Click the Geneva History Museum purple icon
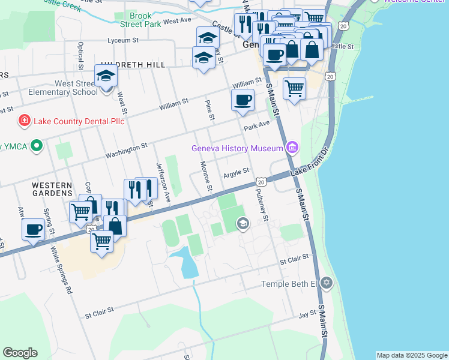[x=292, y=148]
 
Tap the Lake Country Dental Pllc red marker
[x=24, y=121]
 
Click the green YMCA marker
[x=37, y=146]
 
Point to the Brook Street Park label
[x=140, y=20]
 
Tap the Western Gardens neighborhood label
[x=52, y=191]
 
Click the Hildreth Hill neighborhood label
[x=133, y=64]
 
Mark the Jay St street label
[x=307, y=314]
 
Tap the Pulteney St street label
[x=264, y=204]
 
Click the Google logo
[x=20, y=353]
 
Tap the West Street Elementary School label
[x=68, y=88]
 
